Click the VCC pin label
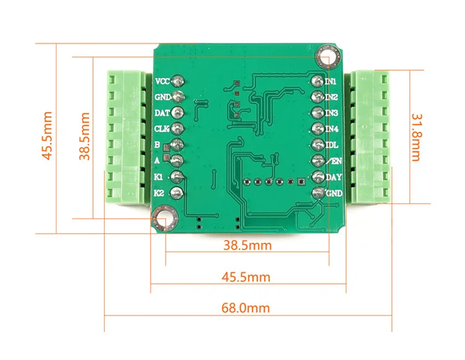pos(162,81)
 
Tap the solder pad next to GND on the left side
pos(178,96)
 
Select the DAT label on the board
pos(162,113)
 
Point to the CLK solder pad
pos(177,128)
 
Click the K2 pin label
pos(159,193)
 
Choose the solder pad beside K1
pos(177,177)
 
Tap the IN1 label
pos(330,82)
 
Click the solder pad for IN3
pos(317,113)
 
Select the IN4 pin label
pos(332,129)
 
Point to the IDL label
pos(332,145)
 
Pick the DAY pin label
pos(334,177)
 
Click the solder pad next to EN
pos(318,161)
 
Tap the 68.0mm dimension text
pos(246,308)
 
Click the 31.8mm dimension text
pos(416,138)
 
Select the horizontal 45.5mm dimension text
pos(246,277)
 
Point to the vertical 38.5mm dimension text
pos(84,136)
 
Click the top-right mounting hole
pos(328,56)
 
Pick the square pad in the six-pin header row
pos(301,182)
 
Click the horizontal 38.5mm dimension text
pos(247,245)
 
